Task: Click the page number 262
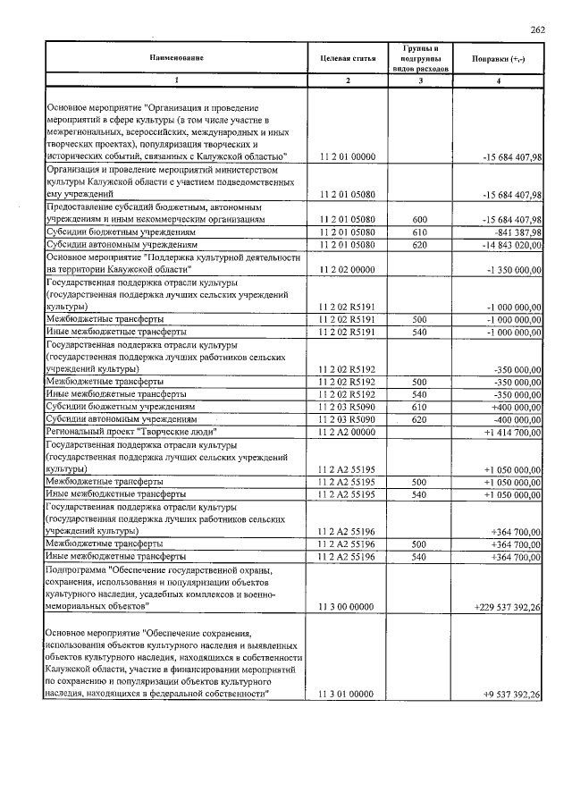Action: (x=537, y=30)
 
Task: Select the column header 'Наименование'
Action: (x=176, y=58)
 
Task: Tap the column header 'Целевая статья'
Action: (x=348, y=58)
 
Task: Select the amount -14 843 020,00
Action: (x=510, y=244)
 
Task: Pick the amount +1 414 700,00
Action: (x=512, y=431)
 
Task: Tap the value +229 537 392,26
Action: (x=507, y=607)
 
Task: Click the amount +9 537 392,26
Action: (x=510, y=695)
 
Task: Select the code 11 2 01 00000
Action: (x=348, y=157)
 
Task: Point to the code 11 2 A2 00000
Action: (x=348, y=431)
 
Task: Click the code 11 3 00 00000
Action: (x=348, y=607)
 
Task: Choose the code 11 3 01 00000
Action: (x=348, y=695)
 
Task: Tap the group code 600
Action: (x=420, y=219)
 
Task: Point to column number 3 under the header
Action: (x=420, y=81)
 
